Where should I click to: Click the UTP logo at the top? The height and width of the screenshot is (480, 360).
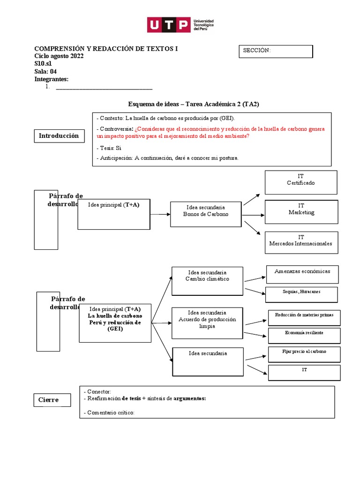(180, 24)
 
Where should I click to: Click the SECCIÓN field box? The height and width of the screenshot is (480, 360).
(276, 51)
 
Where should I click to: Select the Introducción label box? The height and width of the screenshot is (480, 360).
(59, 136)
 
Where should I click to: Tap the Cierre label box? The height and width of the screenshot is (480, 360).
(53, 400)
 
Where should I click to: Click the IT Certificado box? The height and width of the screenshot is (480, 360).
(300, 182)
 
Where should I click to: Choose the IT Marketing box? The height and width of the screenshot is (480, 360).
(301, 211)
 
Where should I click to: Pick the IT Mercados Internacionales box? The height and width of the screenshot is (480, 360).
(300, 243)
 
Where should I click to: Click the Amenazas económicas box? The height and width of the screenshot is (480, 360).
(302, 274)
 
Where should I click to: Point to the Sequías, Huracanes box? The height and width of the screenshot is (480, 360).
(301, 294)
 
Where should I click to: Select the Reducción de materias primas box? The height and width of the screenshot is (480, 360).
(304, 317)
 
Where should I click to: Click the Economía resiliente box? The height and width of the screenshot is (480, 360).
(304, 335)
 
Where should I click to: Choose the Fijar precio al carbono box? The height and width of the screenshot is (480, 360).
(304, 354)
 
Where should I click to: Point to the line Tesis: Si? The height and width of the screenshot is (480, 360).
(109, 148)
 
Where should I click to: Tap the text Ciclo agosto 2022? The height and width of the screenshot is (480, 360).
(59, 56)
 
